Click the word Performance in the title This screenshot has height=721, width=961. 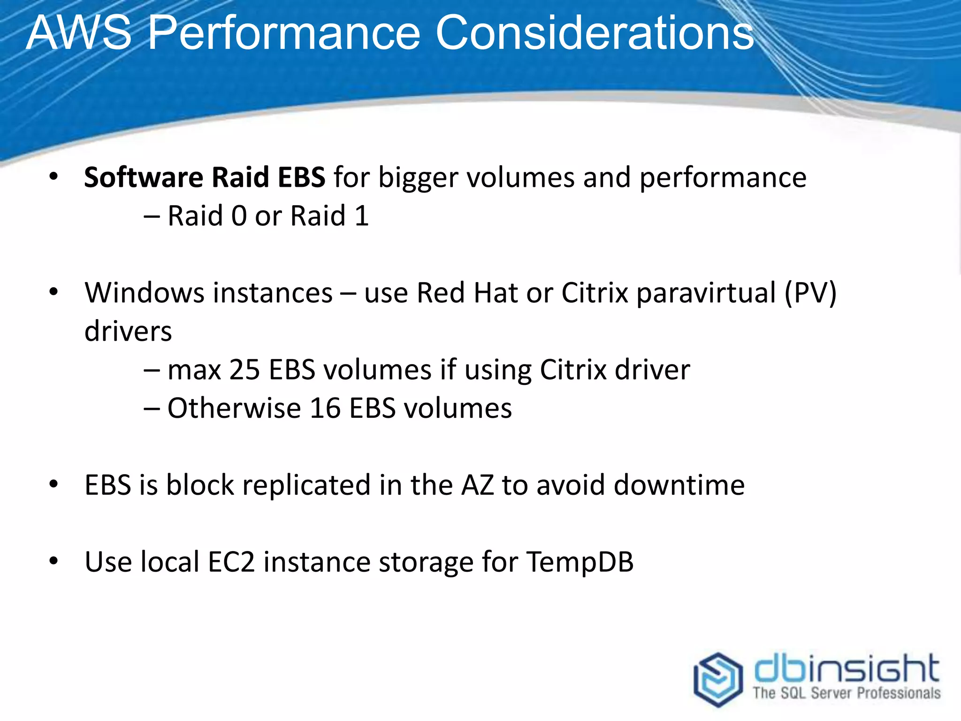pyautogui.click(x=284, y=33)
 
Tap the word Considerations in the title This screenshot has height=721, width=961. pyautogui.click(x=595, y=33)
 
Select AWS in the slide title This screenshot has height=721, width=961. pyautogui.click(x=79, y=33)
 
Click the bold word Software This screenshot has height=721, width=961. pyautogui.click(x=144, y=178)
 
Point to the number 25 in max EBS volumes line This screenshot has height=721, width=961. pyautogui.click(x=244, y=369)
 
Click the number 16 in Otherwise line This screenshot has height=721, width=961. pyautogui.click(x=325, y=408)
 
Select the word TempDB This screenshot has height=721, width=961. pyautogui.click(x=580, y=562)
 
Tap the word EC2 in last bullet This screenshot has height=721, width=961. pyautogui.click(x=231, y=562)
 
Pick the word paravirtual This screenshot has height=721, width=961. pyautogui.click(x=706, y=293)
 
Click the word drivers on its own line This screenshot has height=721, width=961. pyautogui.click(x=128, y=331)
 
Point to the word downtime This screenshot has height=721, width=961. pyautogui.click(x=679, y=485)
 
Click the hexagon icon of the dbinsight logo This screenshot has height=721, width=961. pyautogui.click(x=718, y=679)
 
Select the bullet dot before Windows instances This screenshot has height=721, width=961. pyautogui.click(x=53, y=292)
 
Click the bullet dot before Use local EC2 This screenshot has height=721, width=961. pyautogui.click(x=53, y=561)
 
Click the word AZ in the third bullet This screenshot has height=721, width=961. pyautogui.click(x=477, y=485)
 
